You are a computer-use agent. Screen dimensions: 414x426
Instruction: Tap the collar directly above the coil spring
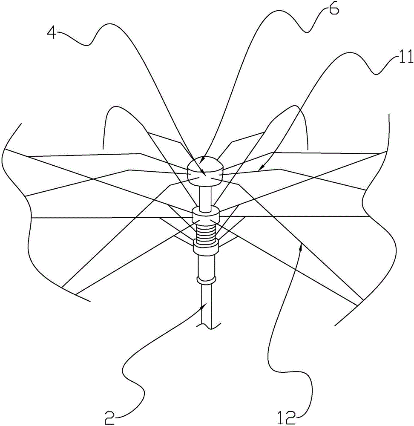tap(206, 216)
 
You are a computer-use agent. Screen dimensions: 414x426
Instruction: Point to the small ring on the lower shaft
tap(207, 280)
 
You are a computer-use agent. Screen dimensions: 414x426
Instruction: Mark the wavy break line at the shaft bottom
tap(209, 326)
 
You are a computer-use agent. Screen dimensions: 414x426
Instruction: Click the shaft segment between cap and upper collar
tap(206, 196)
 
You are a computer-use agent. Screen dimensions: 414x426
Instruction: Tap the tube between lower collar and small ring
tap(207, 264)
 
